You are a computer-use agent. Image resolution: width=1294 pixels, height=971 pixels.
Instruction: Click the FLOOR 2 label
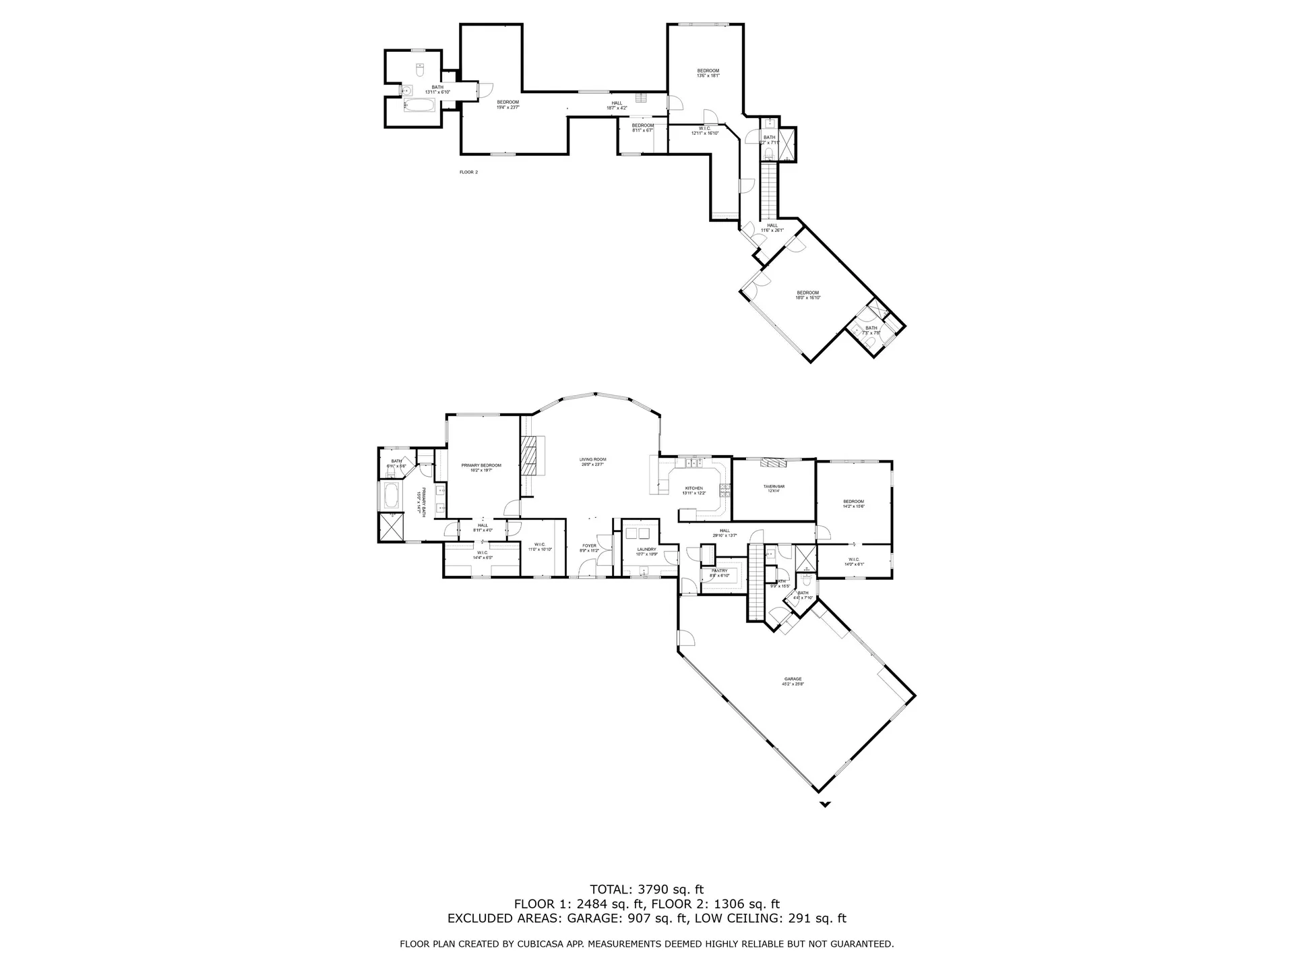468,172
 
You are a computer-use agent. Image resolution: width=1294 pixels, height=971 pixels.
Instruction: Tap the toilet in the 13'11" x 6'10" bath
419,69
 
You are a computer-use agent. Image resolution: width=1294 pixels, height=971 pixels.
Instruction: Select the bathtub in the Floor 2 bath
420,105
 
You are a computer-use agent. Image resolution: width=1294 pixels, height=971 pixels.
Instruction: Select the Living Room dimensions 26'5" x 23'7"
592,464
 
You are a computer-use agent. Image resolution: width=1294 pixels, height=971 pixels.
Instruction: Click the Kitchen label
694,488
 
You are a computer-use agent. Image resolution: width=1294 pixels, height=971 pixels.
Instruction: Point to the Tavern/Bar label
774,487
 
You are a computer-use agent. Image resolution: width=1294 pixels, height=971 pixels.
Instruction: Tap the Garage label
793,679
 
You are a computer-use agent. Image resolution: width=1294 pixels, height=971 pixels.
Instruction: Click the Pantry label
719,570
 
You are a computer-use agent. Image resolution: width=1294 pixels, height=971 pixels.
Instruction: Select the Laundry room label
646,549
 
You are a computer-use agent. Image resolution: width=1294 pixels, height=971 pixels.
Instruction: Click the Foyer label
589,546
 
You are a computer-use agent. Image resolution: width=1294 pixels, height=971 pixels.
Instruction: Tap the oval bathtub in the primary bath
390,496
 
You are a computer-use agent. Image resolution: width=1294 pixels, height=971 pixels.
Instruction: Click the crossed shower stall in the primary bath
390,527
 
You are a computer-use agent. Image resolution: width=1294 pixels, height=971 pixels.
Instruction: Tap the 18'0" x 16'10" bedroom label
807,295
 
